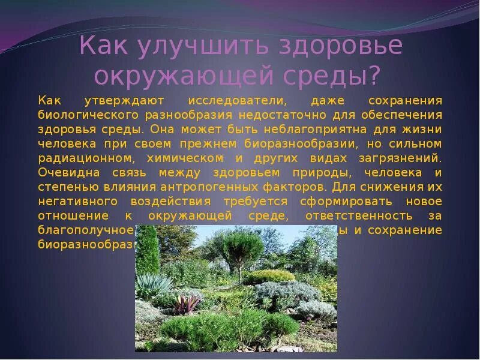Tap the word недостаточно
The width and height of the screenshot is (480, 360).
[279, 115]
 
